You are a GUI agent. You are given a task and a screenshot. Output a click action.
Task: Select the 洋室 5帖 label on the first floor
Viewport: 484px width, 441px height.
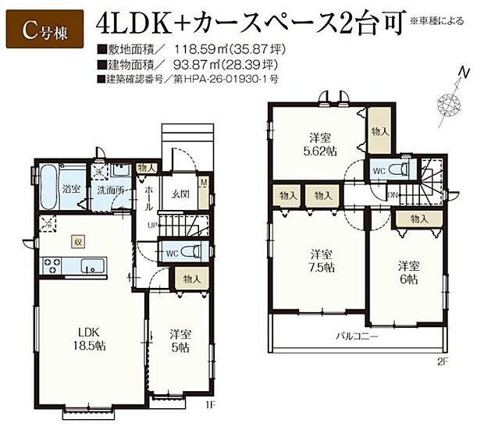[180, 341]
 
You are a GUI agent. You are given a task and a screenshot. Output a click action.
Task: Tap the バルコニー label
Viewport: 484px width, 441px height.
[358, 336]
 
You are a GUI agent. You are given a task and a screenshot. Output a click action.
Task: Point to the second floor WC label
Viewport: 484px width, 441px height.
[377, 170]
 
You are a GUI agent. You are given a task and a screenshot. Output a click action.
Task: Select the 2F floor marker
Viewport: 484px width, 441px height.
[441, 361]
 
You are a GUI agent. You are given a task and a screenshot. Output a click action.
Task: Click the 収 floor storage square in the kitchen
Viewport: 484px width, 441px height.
[77, 242]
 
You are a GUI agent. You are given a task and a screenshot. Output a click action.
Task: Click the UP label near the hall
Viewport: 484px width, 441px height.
[154, 226]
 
